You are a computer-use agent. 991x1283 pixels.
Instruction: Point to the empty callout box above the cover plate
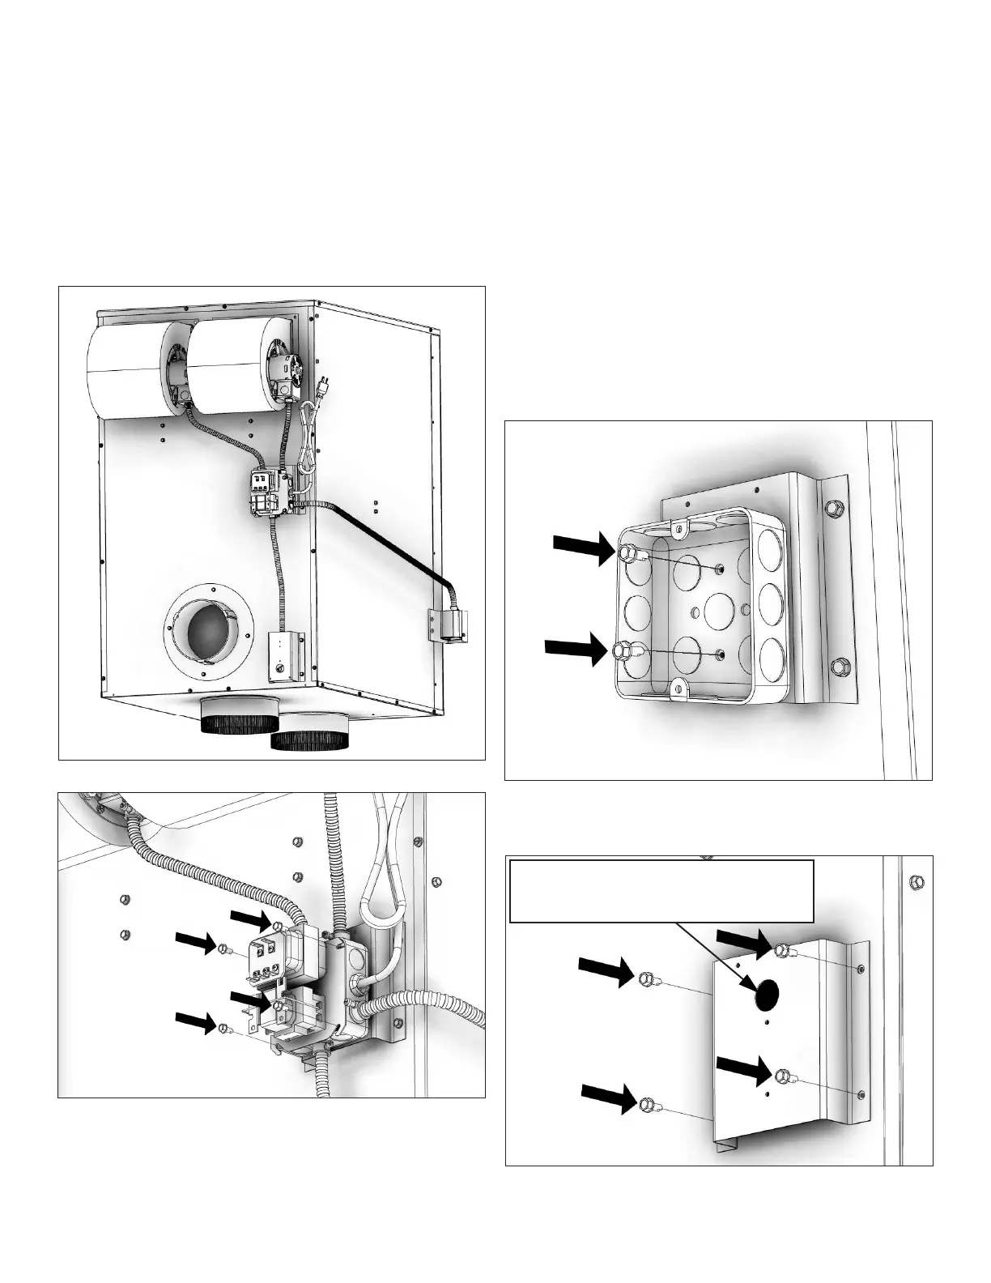(x=661, y=891)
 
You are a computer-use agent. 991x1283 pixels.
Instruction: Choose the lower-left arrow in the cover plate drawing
(x=610, y=1100)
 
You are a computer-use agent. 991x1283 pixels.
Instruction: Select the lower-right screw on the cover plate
(x=783, y=1076)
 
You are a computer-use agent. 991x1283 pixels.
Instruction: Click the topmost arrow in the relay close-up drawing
(x=254, y=921)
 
